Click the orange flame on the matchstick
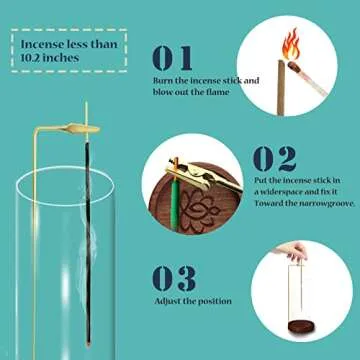coord(291,43)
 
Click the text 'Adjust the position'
coord(194,301)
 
